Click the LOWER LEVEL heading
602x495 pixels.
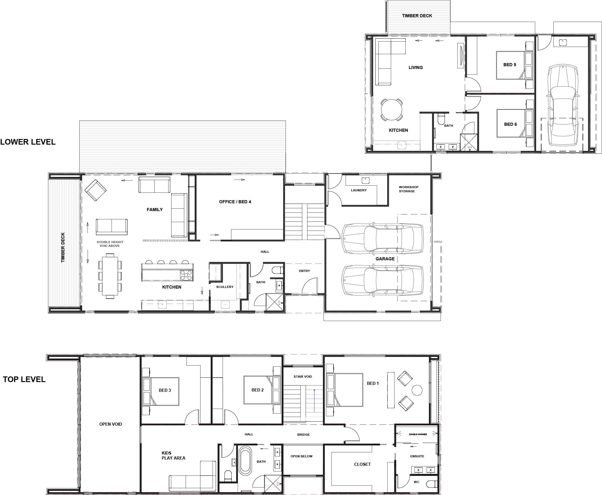coord(28,142)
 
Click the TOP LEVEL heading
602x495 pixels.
coord(24,379)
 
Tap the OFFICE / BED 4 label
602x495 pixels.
coord(235,202)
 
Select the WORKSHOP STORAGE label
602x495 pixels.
coord(408,189)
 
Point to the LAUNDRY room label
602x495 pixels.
coord(359,190)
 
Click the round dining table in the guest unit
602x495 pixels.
coord(392,110)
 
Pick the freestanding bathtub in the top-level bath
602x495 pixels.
coord(245,461)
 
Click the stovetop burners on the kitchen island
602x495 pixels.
coord(186,275)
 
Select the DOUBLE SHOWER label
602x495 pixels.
coord(418,434)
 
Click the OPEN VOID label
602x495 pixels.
coord(110,424)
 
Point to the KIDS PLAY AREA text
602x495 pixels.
coord(173,455)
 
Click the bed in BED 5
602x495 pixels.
coord(514,65)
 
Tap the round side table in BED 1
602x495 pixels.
coord(417,390)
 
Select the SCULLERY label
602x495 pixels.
coord(225,287)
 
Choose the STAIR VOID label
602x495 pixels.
coord(303,376)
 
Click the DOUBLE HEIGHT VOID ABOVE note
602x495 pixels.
coord(110,244)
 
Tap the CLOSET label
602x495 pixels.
coord(362,464)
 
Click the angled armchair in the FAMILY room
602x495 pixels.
coord(96,190)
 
